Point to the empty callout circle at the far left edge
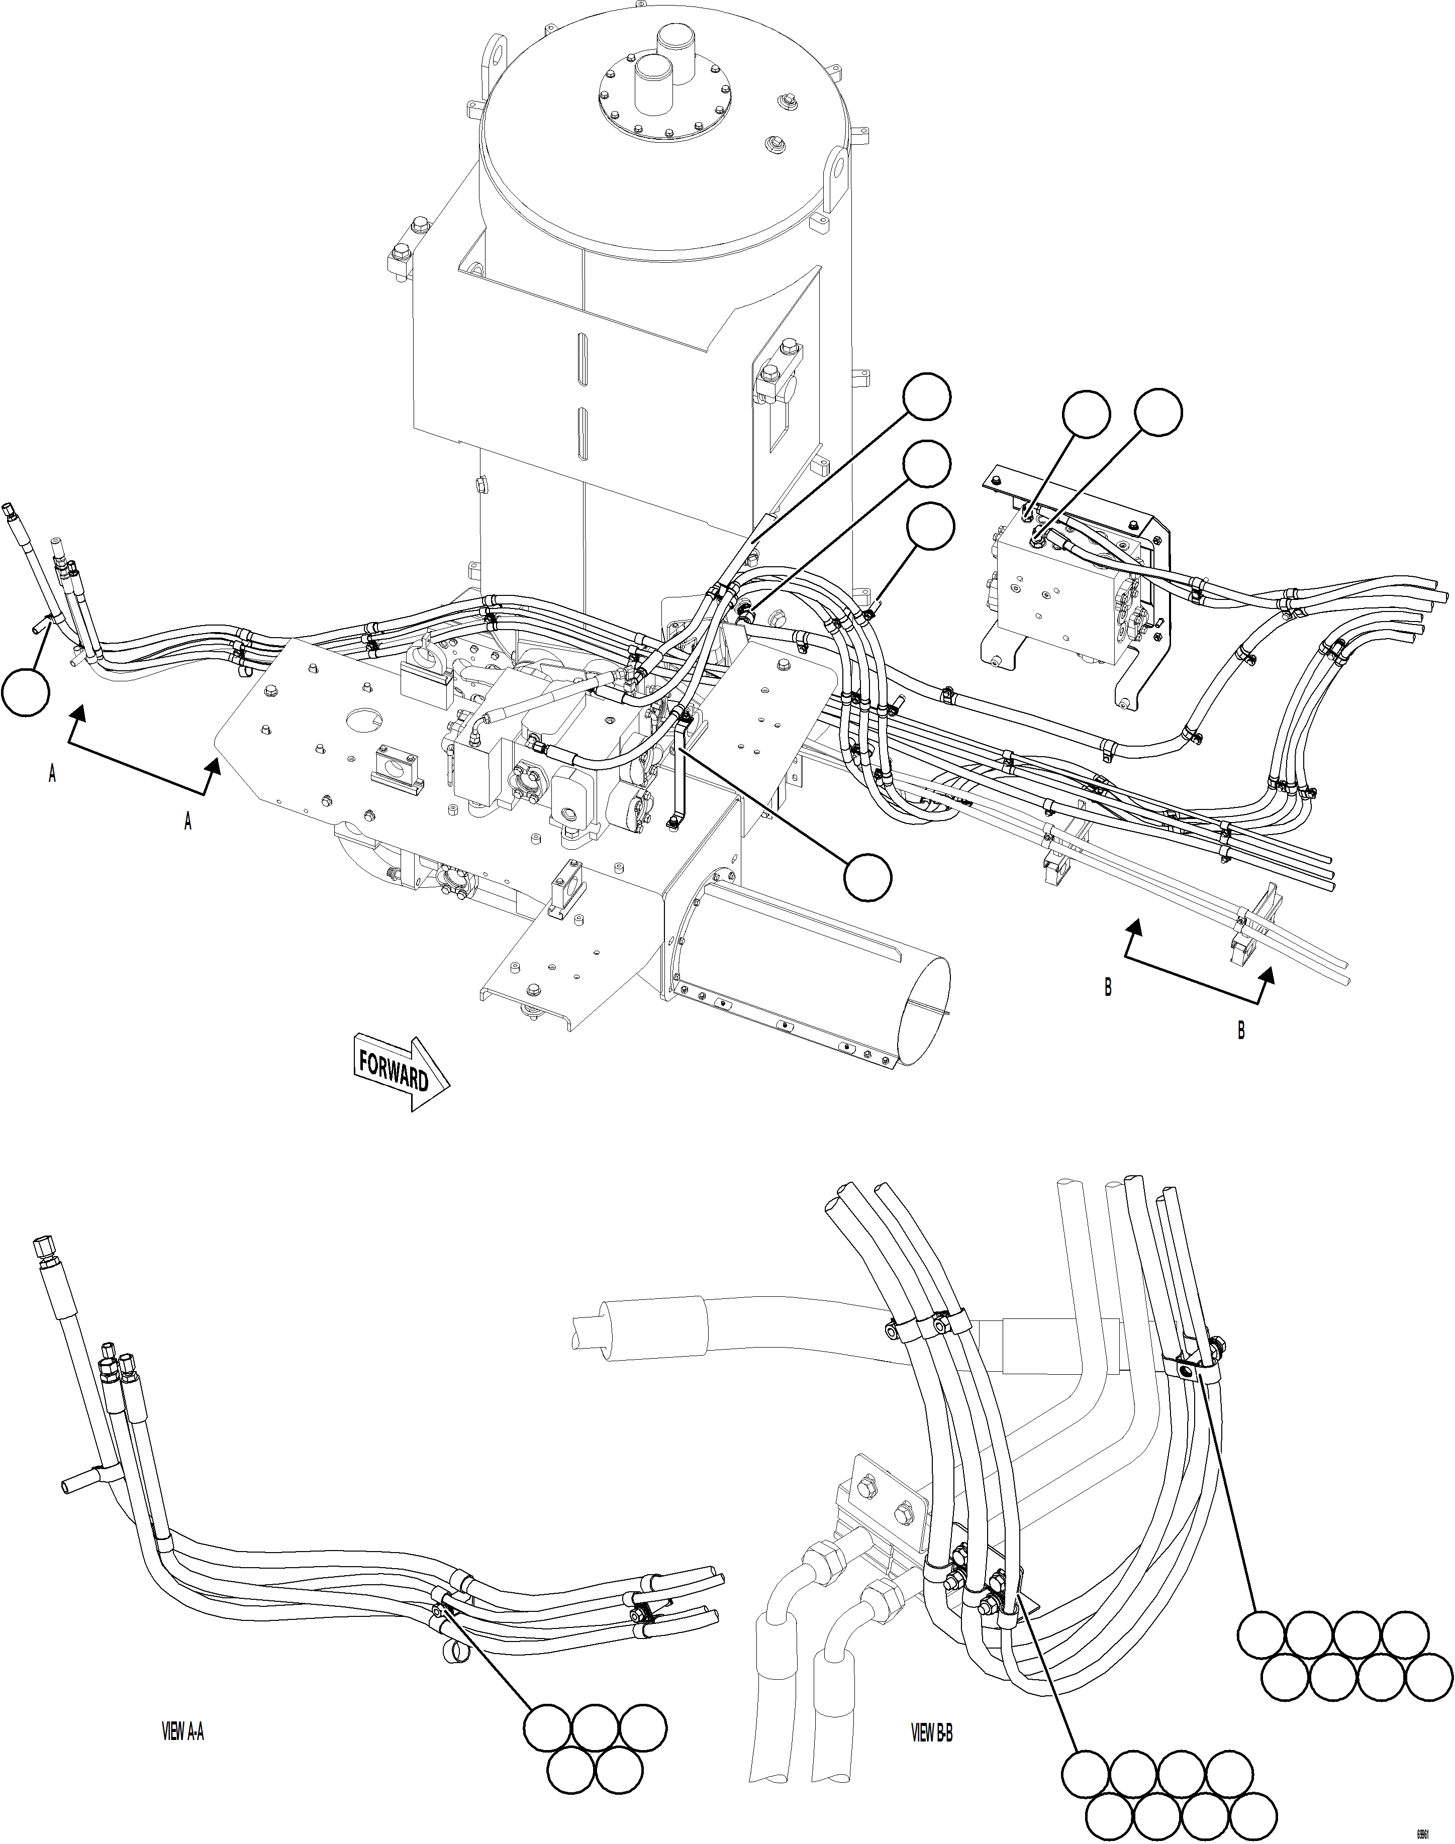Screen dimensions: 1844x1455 click(25, 691)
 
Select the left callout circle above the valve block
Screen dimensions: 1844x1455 click(1086, 415)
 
